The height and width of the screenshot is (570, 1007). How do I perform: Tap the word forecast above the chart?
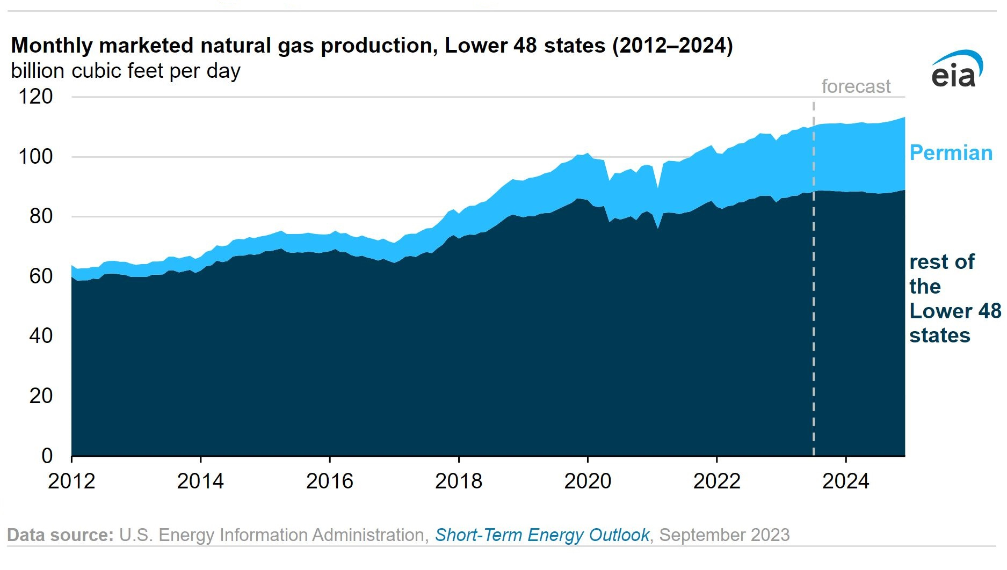pos(856,86)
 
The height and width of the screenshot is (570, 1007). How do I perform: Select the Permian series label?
pos(951,153)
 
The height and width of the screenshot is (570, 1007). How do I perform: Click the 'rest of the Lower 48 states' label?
pos(955,298)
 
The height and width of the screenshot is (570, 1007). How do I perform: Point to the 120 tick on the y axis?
pos(36,97)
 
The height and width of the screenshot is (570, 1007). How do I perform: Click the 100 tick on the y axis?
pos(36,157)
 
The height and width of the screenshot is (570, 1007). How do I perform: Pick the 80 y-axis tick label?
pos(41,216)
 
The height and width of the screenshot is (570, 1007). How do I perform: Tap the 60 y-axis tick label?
pos(41,276)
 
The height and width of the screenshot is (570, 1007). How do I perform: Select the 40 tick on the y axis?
pos(41,336)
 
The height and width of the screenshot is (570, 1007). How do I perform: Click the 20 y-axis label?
pos(41,396)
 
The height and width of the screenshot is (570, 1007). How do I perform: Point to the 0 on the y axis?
pos(47,456)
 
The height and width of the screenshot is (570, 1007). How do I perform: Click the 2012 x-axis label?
pos(71,481)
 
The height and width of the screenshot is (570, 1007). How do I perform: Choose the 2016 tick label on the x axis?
pos(330,481)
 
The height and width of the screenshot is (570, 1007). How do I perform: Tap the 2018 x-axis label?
pos(459,481)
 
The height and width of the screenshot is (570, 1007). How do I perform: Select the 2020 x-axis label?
pos(588,481)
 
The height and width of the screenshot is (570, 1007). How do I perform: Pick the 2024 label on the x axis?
pos(846,481)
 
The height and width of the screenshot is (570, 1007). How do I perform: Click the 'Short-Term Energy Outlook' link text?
pos(542,535)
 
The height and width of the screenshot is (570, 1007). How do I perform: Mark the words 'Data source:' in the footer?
pos(60,535)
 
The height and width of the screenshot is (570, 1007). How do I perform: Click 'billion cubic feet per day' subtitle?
pos(126,71)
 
